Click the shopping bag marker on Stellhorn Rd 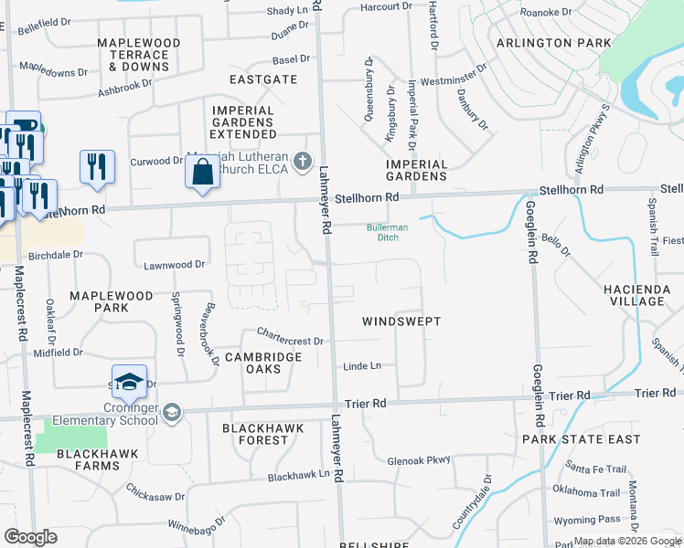[x=202, y=172]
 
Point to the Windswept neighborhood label [x=401, y=321]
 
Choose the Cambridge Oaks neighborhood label [x=263, y=363]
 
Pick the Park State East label [x=582, y=439]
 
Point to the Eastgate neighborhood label [x=263, y=79]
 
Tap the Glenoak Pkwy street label [x=419, y=461]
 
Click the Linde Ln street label [x=361, y=366]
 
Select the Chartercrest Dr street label [x=291, y=336]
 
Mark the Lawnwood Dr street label [x=174, y=264]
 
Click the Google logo [x=30, y=536]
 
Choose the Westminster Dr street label [x=452, y=80]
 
